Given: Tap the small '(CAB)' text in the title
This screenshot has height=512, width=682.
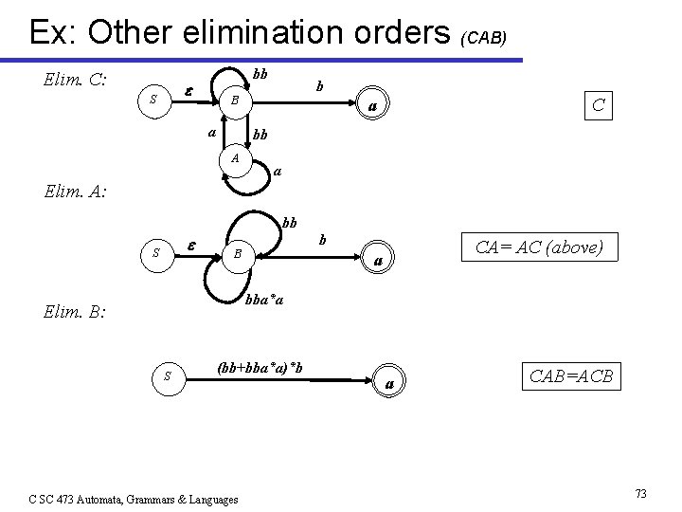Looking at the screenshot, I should [484, 38].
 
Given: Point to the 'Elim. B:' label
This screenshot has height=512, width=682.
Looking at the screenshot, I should [75, 310].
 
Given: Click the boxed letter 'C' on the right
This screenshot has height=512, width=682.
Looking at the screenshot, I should [598, 104].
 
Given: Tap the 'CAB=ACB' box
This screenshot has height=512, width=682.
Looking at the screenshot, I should [571, 376].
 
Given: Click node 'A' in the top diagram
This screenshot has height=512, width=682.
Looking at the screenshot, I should [234, 158].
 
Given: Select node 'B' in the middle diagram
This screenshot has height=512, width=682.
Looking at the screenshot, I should [239, 253].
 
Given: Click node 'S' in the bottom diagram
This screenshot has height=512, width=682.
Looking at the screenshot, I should [168, 376].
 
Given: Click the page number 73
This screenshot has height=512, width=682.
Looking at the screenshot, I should [640, 493].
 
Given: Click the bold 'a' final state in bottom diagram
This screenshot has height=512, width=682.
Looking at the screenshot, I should [388, 382].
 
